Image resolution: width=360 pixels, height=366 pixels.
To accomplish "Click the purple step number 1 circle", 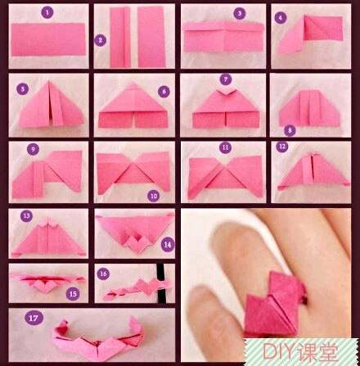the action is coord(47,12).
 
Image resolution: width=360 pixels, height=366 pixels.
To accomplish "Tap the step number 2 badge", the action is coord(101,40).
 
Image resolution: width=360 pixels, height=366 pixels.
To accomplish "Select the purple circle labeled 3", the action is coord(239,13).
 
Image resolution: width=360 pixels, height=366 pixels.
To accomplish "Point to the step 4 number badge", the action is coord(281,18).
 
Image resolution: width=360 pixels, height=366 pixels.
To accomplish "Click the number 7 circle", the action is coord(226,79).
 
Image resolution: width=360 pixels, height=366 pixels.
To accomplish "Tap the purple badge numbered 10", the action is coord(154,196).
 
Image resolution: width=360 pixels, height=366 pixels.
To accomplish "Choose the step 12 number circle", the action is coord(282,147).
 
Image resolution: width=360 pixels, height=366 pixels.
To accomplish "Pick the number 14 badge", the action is coord(168,244).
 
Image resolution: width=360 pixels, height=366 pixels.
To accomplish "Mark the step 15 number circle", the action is coord(73,294).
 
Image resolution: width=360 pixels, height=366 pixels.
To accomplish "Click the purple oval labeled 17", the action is coord(34,318).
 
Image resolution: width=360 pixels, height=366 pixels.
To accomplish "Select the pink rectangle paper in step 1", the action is coord(48,39).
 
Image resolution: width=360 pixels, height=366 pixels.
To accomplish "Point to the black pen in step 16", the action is coord(161,283).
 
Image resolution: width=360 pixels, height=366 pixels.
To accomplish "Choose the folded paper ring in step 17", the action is coord(98,341).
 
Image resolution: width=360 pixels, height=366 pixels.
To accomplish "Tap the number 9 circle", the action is coord(33,149).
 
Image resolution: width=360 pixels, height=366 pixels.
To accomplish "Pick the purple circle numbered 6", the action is coord(164,92).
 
